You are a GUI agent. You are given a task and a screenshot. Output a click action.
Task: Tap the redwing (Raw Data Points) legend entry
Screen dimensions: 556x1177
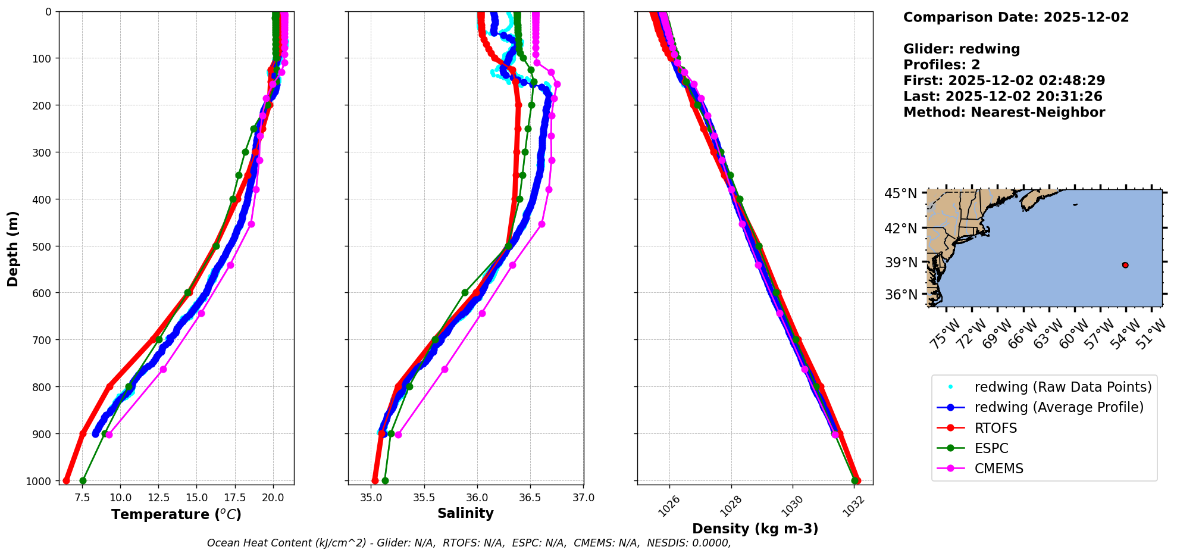(1063, 387)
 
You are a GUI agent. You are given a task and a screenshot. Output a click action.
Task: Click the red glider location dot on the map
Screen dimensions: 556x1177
(1125, 265)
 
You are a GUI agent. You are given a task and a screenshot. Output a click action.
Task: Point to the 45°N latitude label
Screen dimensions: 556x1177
(900, 194)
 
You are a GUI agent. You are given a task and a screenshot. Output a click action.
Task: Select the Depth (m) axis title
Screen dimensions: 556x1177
(13, 248)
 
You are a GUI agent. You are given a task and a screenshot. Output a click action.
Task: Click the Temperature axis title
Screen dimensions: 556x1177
(176, 514)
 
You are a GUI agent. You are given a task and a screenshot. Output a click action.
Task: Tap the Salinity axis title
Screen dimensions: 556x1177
(465, 513)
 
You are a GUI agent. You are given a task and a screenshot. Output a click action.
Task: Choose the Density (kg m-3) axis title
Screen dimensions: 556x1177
(755, 529)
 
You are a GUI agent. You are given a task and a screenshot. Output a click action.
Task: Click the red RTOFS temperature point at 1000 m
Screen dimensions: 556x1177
(66, 480)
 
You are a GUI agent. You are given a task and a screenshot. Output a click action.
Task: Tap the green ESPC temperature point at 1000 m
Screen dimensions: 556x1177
(83, 480)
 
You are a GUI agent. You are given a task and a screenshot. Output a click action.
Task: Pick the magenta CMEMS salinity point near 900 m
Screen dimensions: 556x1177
(398, 435)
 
